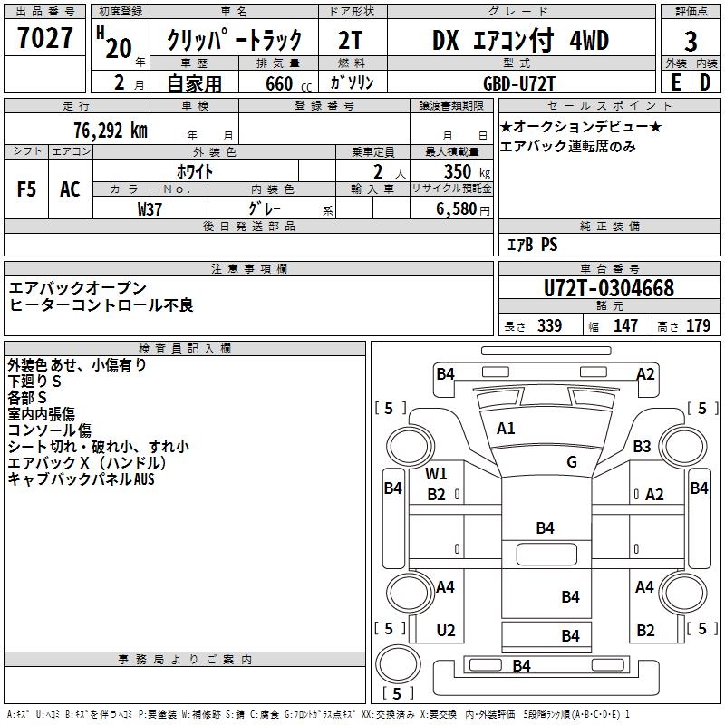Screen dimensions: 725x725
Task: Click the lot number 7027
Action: [45, 40]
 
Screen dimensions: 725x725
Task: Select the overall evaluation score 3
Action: [691, 41]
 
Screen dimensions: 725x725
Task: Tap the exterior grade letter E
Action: [675, 82]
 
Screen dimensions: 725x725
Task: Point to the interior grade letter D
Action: [705, 82]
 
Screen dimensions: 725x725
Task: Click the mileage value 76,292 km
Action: [110, 130]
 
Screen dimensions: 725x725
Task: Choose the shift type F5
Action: [26, 188]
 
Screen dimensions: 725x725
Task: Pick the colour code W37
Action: [150, 208]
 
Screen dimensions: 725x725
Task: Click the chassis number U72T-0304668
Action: [609, 288]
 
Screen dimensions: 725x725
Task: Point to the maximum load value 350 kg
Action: [461, 171]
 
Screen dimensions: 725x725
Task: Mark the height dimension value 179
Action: [698, 326]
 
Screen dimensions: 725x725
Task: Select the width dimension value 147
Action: [625, 326]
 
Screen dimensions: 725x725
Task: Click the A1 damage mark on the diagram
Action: [506, 429]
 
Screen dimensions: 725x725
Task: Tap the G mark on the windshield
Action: [571, 462]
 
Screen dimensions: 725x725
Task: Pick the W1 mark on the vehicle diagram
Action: [437, 473]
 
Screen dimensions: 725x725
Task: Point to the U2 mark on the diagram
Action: [445, 631]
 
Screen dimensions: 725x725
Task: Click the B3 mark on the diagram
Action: [643, 446]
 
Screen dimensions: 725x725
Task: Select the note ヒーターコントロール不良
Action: [101, 305]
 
